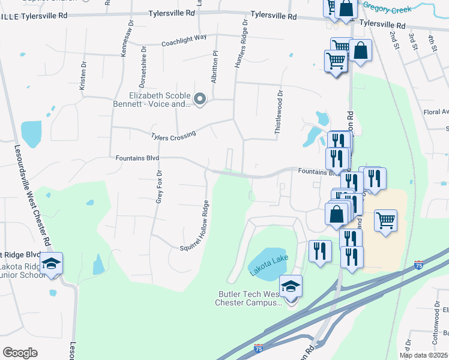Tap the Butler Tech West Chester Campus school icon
pos(291,286)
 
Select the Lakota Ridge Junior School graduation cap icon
pos(52,263)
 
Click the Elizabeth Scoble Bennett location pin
pos(200,98)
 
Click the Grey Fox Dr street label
pos(159,185)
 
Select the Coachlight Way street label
pos(184,40)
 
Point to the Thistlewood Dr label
pos(279,112)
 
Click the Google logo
pos(20,353)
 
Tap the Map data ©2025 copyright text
pos(424,355)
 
